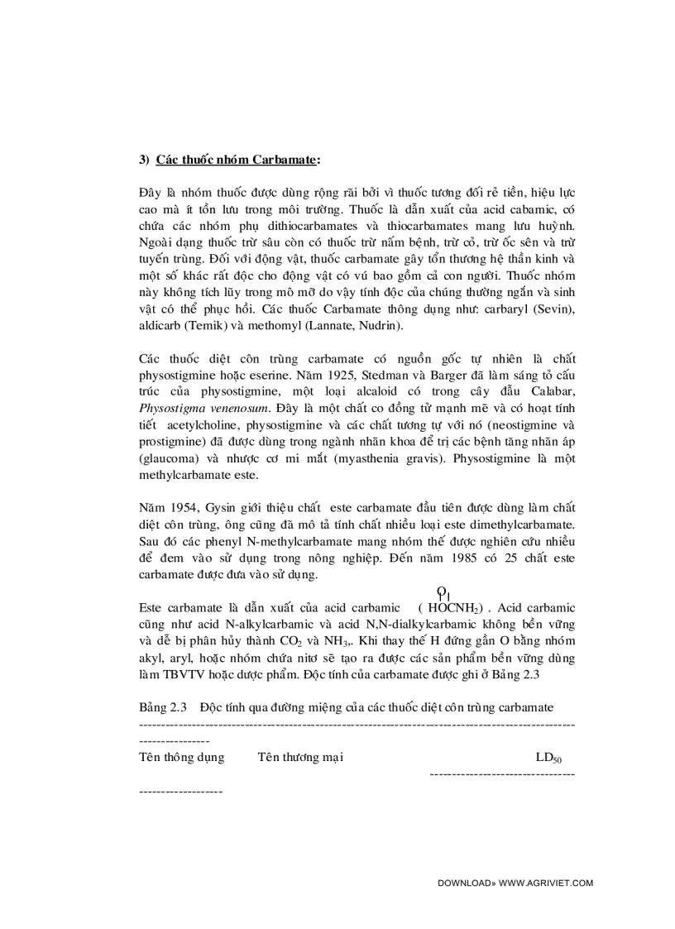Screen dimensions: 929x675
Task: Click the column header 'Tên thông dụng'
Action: pyautogui.click(x=181, y=757)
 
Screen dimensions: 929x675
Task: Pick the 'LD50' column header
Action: pyautogui.click(x=548, y=757)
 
